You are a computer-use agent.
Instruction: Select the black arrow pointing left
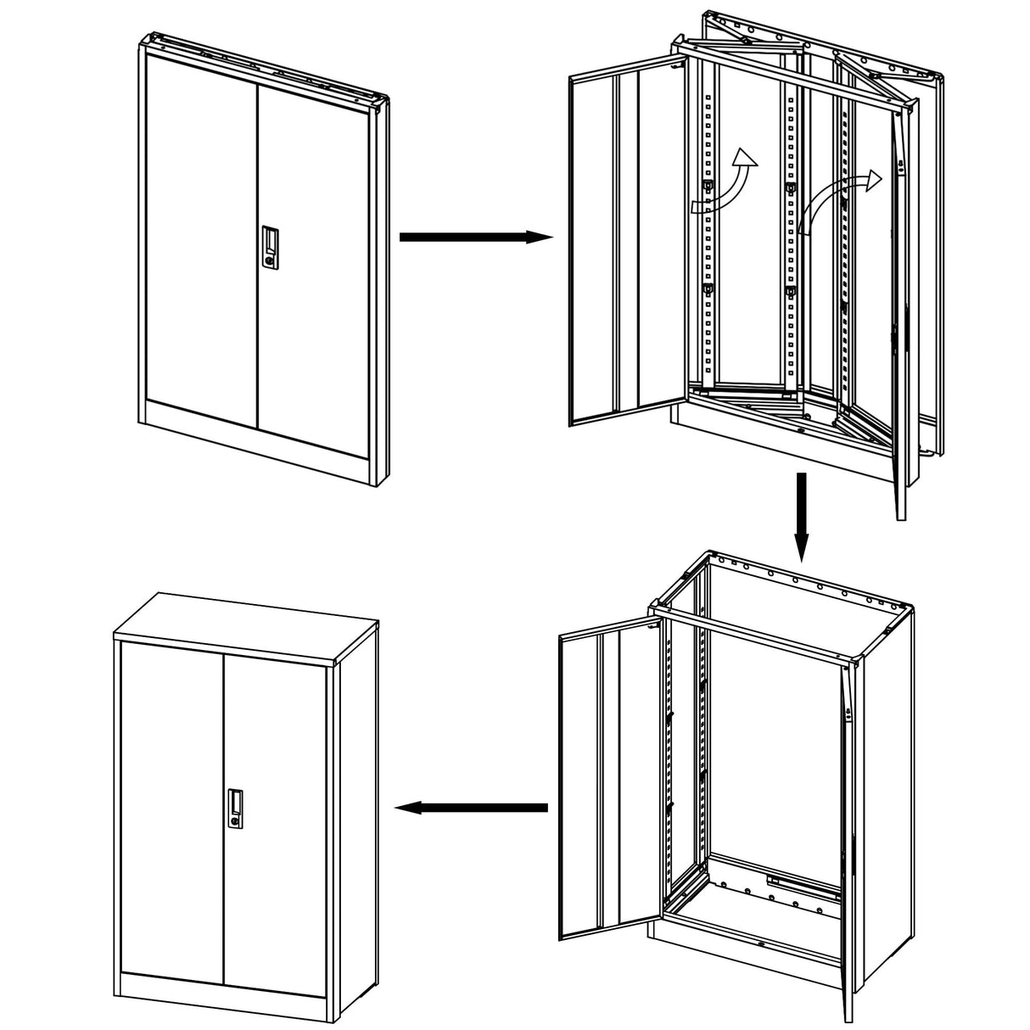472,808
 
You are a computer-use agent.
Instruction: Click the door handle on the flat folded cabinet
270,249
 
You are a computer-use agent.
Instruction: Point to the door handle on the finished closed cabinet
234,809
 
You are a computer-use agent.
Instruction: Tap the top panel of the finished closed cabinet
246,624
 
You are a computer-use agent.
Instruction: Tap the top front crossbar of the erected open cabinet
755,632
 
